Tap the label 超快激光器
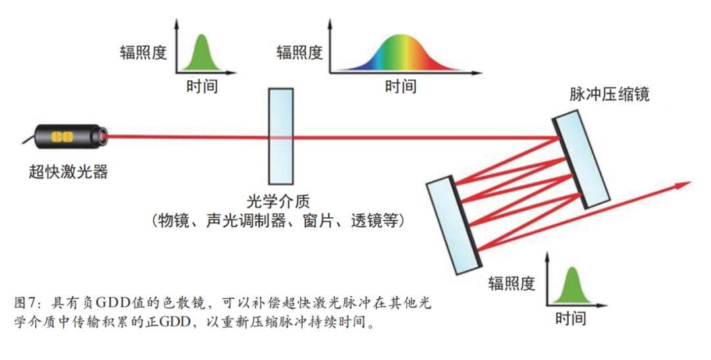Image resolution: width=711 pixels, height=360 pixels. (x=68, y=172)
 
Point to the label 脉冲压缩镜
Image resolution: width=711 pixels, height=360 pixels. (x=610, y=95)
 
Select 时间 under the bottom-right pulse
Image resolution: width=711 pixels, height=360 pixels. (x=570, y=319)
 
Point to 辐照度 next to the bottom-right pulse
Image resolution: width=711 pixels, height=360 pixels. (x=512, y=284)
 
